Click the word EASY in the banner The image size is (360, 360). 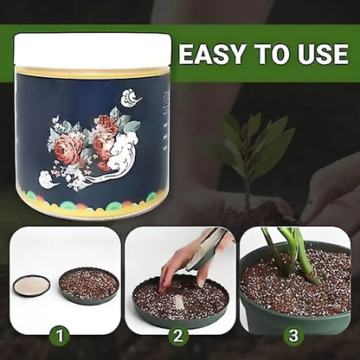[x=213, y=54]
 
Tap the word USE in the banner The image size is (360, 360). [x=323, y=54]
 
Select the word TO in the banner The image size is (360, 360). [x=272, y=54]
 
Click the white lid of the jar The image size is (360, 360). [x=93, y=51]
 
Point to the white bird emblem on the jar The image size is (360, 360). [x=131, y=98]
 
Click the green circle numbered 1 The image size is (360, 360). [x=59, y=336]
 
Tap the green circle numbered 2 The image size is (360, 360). [x=178, y=336]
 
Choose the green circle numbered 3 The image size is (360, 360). [x=293, y=336]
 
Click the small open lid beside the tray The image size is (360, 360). [x=31, y=286]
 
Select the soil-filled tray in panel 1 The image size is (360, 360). [x=89, y=286]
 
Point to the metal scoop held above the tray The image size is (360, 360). [x=206, y=249]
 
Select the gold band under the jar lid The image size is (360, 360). [x=93, y=72]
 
